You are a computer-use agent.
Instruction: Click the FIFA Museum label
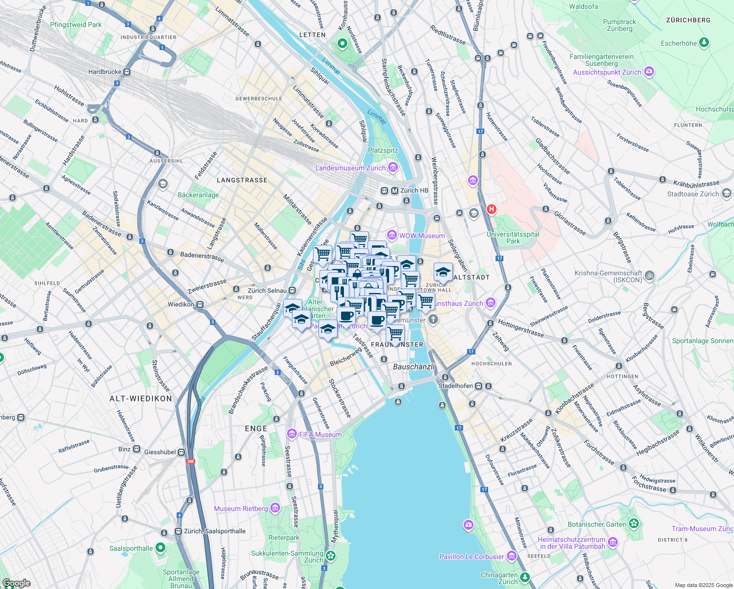pyautogui.click(x=320, y=434)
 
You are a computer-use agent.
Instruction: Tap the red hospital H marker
pyautogui.click(x=491, y=210)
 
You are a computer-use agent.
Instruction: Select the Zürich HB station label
pyautogui.click(x=414, y=190)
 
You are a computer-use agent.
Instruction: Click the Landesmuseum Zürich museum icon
pyautogui.click(x=393, y=168)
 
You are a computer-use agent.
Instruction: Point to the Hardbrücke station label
pyautogui.click(x=105, y=72)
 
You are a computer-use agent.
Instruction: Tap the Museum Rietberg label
pyautogui.click(x=241, y=509)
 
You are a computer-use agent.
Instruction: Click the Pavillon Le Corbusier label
pyautogui.click(x=472, y=557)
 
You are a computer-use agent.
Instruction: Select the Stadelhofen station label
pyautogui.click(x=456, y=386)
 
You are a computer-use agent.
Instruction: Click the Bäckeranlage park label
pyautogui.click(x=198, y=195)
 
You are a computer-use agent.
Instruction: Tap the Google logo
pyautogui.click(x=16, y=583)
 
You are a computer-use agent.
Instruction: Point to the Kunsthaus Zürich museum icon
pyautogui.click(x=491, y=303)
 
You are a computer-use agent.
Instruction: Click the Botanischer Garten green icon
pyautogui.click(x=634, y=524)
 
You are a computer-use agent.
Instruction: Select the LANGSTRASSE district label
pyautogui.click(x=242, y=180)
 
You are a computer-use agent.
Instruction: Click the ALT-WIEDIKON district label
pyautogui.click(x=141, y=399)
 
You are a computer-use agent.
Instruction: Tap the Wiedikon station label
pyautogui.click(x=181, y=304)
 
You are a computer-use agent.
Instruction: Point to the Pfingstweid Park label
pyautogui.click(x=76, y=25)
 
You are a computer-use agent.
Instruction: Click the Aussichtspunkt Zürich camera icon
pyautogui.click(x=649, y=72)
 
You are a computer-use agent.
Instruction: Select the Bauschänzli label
pyautogui.click(x=414, y=367)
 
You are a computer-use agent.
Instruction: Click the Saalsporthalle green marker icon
pyautogui.click(x=160, y=548)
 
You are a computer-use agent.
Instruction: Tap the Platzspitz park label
pyautogui.click(x=383, y=150)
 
